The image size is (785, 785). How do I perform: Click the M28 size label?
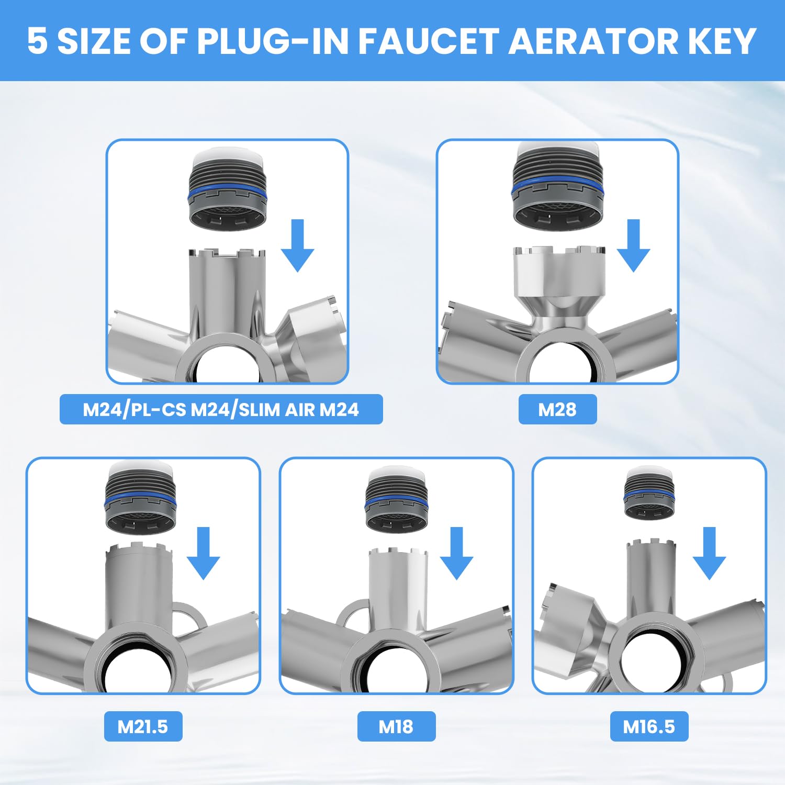pos(557,409)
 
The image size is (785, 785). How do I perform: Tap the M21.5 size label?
pos(143,726)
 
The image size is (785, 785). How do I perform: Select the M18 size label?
pos(396,726)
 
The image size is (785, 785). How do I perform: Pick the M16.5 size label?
pos(649,726)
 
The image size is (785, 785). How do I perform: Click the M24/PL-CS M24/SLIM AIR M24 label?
pos(221,409)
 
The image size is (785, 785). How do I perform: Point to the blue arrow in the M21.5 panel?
pos(203,553)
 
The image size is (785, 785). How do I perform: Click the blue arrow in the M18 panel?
pos(456,553)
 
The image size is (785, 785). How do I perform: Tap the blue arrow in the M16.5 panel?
pos(709,553)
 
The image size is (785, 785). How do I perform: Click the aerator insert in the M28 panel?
pos(558,186)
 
